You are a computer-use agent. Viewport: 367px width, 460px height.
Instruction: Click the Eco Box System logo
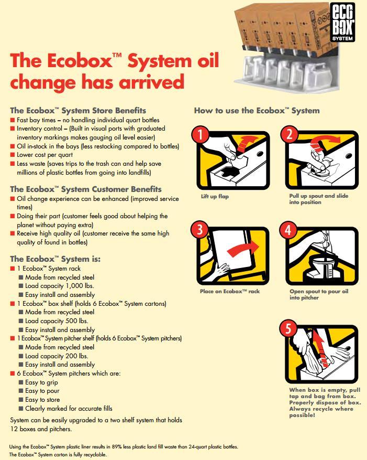click(x=343, y=22)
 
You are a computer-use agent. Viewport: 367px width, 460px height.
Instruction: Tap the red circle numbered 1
click(x=201, y=134)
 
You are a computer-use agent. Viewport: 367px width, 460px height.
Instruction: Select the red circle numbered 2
click(x=291, y=134)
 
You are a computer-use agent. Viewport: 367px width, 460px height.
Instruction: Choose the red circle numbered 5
click(x=288, y=329)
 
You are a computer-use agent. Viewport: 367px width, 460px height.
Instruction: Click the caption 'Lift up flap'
click(x=215, y=197)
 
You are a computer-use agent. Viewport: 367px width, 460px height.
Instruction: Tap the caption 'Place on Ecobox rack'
click(x=229, y=292)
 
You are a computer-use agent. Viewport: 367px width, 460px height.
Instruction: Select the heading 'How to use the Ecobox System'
click(x=257, y=111)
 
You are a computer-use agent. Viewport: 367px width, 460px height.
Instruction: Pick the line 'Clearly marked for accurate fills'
click(x=69, y=409)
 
